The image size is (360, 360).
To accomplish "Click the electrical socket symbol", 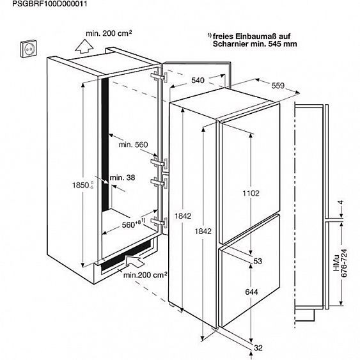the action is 28,49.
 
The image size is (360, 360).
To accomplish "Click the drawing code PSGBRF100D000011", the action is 50,4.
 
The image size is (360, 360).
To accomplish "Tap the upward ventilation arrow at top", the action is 84,47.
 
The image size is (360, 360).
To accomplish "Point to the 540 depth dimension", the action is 198,81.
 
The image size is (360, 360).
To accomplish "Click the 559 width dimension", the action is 278,86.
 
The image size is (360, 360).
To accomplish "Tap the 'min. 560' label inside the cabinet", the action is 133,145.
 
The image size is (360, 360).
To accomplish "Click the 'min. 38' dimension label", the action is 122,178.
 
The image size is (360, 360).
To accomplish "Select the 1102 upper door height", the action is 251,193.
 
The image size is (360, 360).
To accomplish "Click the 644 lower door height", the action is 251,292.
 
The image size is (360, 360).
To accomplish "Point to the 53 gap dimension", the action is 258,261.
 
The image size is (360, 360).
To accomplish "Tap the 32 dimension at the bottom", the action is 258,348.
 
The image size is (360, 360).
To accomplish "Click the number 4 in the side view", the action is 341,203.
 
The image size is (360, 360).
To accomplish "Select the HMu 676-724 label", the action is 340,263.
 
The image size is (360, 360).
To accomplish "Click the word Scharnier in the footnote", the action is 230,44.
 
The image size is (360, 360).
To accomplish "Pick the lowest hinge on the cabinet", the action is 159,222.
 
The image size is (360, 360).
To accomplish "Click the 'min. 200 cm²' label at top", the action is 109,33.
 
